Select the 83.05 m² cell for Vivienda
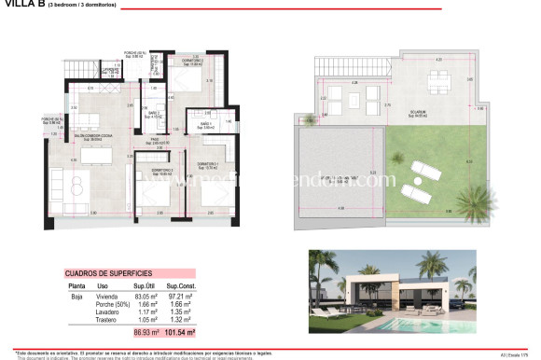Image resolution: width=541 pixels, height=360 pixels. (x=143, y=294)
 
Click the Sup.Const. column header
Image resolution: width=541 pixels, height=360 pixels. (x=180, y=285)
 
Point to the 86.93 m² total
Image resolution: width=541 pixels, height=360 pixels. (x=144, y=331)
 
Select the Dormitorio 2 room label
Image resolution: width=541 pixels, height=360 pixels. (x=183, y=60)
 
